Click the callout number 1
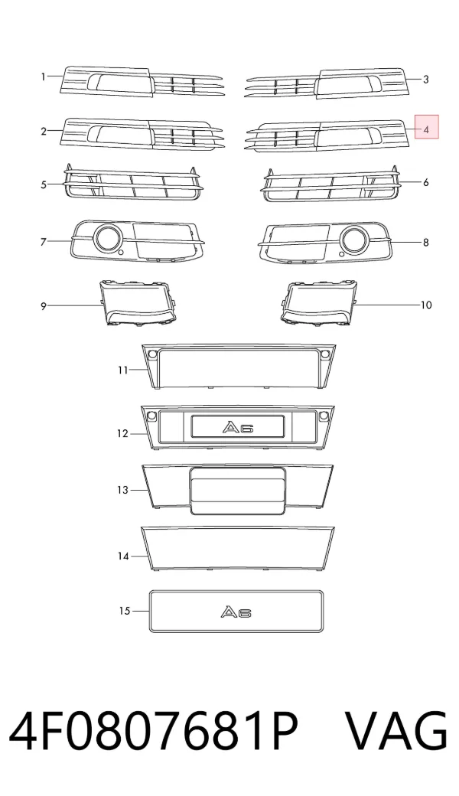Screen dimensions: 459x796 (44, 77)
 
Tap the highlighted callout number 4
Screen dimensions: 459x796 (427, 130)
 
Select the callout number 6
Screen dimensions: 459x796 (426, 182)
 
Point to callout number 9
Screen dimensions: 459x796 (44, 305)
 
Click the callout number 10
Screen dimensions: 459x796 (426, 305)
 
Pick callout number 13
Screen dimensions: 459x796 (122, 490)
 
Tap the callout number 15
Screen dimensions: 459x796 (125, 611)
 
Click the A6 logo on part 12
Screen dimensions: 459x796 (237, 427)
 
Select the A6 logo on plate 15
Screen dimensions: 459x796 (236, 612)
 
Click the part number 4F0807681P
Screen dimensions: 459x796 (154, 732)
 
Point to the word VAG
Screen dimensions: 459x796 (396, 732)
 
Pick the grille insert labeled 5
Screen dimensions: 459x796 (133, 182)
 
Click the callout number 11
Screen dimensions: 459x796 (122, 370)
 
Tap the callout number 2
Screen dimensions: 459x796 (44, 132)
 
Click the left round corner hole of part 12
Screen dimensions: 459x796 (151, 416)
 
